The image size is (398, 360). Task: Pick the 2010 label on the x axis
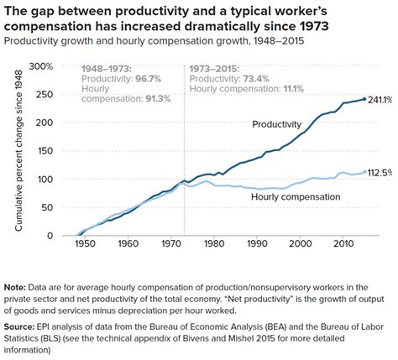(x=343, y=244)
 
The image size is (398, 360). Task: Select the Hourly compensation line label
(x=296, y=196)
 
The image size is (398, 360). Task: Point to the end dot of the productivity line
(x=364, y=99)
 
